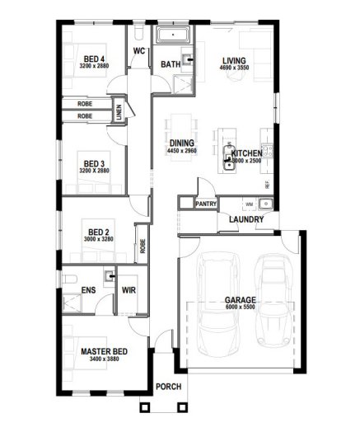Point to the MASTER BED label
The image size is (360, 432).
(x=101, y=351)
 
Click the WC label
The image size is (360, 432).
(x=139, y=50)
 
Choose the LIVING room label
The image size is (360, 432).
(x=235, y=60)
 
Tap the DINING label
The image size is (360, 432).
(x=182, y=143)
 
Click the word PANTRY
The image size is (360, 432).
(x=206, y=203)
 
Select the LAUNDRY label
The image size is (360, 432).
(x=246, y=219)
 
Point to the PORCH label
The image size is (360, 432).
(x=168, y=386)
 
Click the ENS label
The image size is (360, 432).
(x=88, y=290)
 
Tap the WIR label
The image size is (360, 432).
(x=128, y=290)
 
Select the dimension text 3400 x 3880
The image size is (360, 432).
(x=101, y=359)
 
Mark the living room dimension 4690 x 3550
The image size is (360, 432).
(x=235, y=68)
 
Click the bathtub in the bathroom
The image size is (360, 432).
(x=174, y=35)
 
